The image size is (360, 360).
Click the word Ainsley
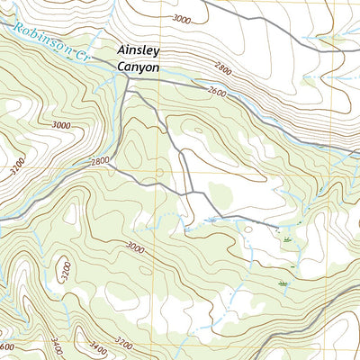pyautogui.click(x=139, y=51)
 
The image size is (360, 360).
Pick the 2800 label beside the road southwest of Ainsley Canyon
pyautogui.click(x=100, y=161)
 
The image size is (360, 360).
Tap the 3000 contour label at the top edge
pyautogui.click(x=183, y=19)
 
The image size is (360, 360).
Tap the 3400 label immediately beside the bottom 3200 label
pyautogui.click(x=98, y=345)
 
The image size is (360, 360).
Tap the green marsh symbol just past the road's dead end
pyautogui.click(x=286, y=240)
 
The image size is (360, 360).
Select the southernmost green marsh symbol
pyautogui.click(x=283, y=283)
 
